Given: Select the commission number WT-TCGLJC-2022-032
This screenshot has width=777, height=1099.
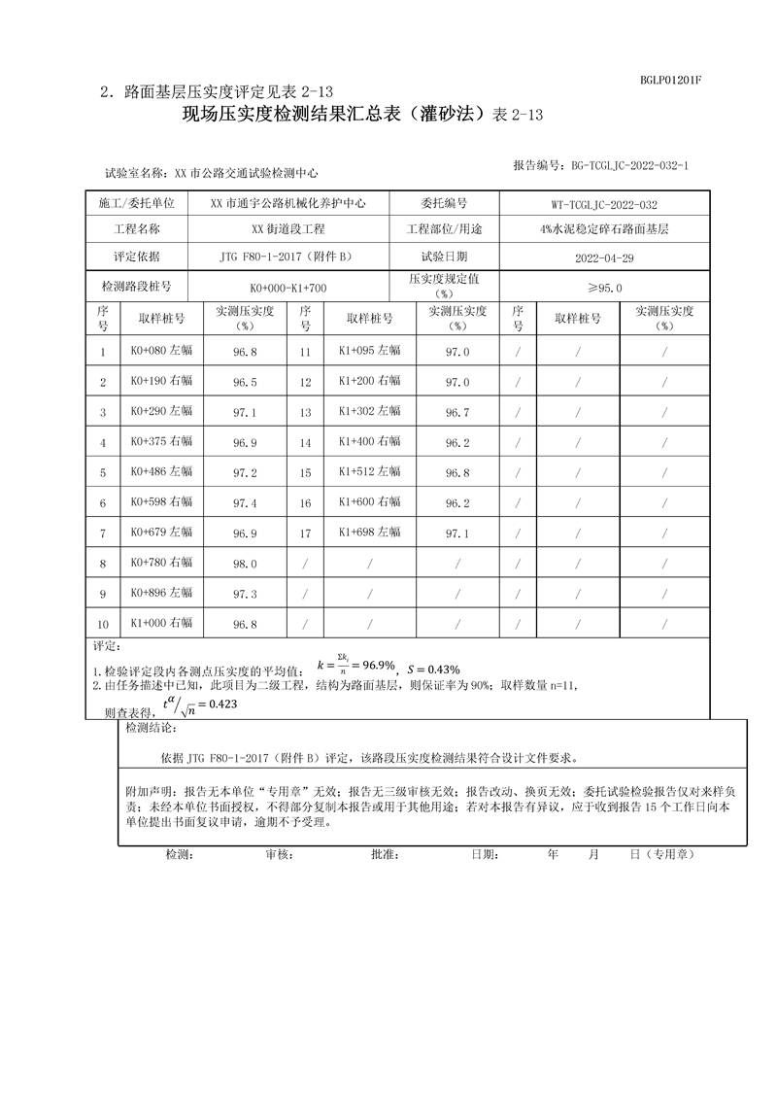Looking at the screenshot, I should point(604,204).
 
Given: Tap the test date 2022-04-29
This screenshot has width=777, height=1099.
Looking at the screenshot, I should point(604,258).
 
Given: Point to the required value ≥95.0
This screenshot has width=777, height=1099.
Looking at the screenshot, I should point(604,288).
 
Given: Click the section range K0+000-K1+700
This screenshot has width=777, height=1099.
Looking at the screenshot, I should point(287,288).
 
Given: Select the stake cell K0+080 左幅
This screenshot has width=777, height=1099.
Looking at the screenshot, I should point(161,352).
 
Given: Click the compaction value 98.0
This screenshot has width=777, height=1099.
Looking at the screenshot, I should point(245,564).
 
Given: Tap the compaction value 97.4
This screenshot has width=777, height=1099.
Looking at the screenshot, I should point(245,502).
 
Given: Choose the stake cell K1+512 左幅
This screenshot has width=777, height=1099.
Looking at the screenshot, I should point(369,472).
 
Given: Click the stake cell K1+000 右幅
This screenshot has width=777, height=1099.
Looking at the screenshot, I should point(161,623).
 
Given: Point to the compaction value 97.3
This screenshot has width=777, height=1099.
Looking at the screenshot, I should point(245,594).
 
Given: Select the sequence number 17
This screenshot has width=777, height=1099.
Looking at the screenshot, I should point(305,532).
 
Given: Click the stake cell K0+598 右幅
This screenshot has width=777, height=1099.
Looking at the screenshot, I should point(161,502).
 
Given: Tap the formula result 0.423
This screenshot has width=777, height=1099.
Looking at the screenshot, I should point(224,704).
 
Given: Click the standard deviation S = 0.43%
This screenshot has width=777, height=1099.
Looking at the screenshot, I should point(433,669).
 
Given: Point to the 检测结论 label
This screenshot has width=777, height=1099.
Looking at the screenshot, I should point(152,728).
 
